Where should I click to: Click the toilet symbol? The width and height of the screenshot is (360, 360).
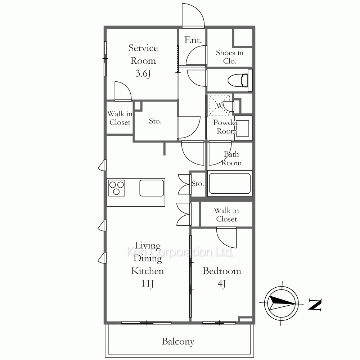click(240, 80)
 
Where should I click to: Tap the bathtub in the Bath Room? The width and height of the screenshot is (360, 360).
click(230, 184)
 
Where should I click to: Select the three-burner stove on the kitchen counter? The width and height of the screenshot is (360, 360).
click(117, 188)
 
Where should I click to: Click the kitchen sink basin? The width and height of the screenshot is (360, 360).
click(152, 188)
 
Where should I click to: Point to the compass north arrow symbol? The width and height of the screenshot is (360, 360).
click(282, 303)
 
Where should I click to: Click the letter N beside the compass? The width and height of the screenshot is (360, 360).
click(315, 305)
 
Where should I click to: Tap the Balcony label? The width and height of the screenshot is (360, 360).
click(178, 342)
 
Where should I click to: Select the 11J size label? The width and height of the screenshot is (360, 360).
click(147, 284)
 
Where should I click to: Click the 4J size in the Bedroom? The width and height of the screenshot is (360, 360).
click(221, 284)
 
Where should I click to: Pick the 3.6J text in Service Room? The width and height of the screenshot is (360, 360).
click(143, 74)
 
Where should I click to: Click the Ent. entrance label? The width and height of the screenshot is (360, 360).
click(193, 40)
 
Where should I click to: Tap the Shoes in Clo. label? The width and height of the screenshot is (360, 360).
click(230, 57)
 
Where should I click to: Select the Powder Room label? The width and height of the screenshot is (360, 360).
click(226, 126)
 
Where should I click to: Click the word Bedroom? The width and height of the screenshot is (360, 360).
click(222, 271)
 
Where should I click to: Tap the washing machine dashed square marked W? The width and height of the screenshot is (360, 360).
click(219, 105)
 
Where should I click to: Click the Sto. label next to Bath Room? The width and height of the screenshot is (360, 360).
click(197, 184)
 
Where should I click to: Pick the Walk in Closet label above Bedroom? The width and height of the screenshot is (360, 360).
click(226, 215)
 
